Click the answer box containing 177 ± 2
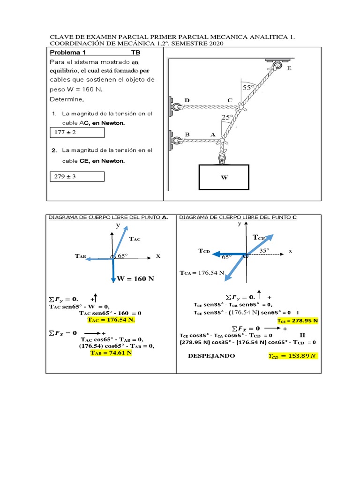tap(77, 133)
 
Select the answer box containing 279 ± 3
tap(77, 176)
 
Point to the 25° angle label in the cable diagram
tap(227, 118)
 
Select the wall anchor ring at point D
tap(176, 107)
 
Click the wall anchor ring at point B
tap(176, 140)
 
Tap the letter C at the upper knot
tap(230, 100)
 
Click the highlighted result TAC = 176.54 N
tap(111, 320)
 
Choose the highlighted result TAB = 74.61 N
tap(112, 352)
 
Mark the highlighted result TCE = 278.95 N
tap(297, 321)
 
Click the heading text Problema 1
tap(68, 52)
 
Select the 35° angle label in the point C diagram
tap(265, 251)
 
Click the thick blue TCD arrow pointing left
tap(228, 255)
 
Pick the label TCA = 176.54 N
tap(202, 272)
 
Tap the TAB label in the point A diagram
tap(80, 256)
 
